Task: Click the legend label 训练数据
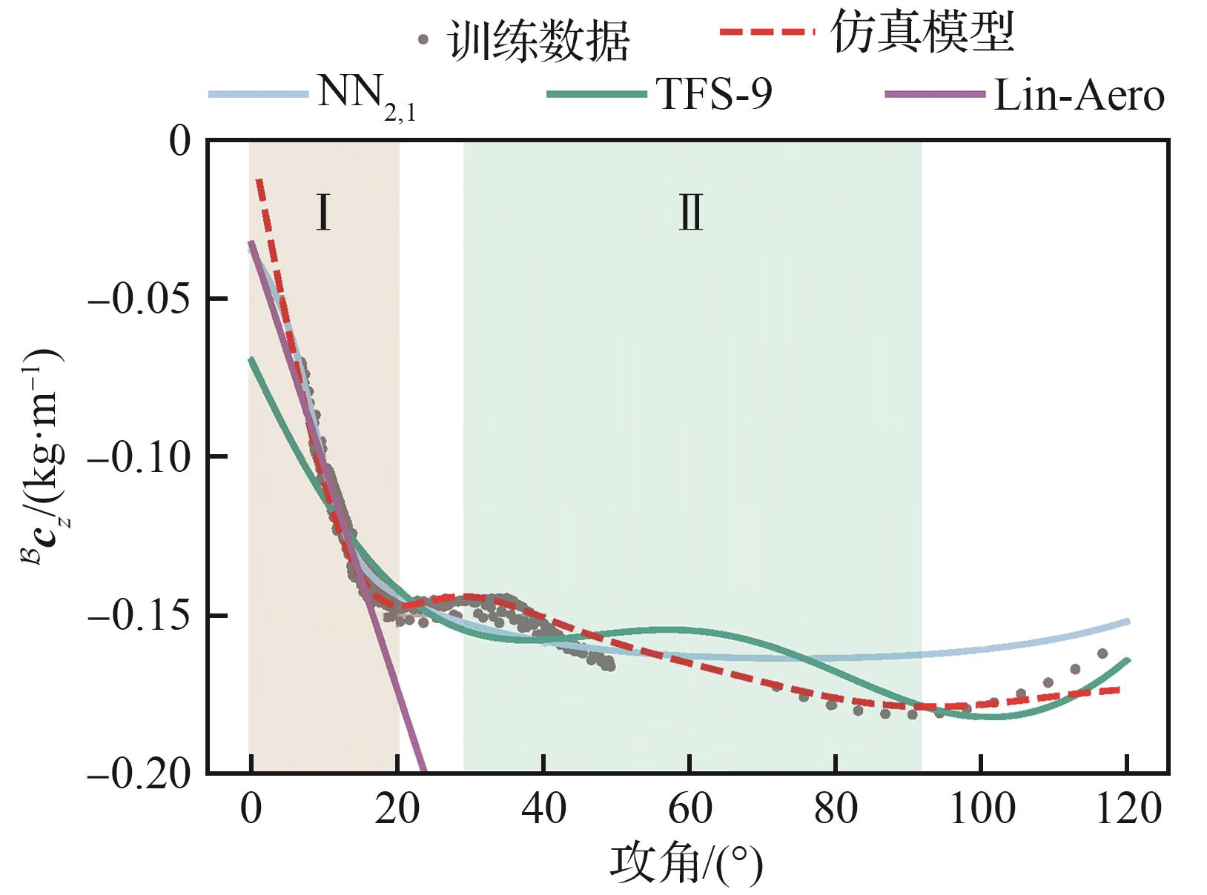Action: [538, 41]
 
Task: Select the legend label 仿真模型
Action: [922, 33]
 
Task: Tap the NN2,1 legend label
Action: [366, 96]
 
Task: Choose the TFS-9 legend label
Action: [714, 95]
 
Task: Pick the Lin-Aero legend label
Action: [1079, 96]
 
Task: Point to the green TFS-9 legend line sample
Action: [597, 94]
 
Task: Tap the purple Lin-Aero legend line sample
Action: [935, 95]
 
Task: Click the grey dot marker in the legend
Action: [424, 41]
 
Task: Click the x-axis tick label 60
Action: [690, 809]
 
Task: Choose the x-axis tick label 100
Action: [982, 809]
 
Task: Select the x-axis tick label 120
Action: [1128, 809]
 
